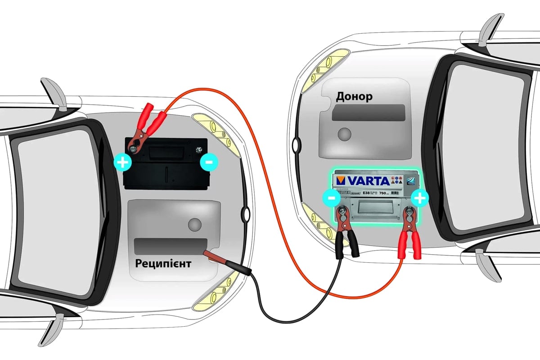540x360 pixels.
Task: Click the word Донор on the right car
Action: [354, 97]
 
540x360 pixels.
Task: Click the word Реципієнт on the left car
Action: [163, 263]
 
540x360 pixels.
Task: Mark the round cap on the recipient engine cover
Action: [195, 224]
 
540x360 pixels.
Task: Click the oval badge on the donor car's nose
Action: [296, 144]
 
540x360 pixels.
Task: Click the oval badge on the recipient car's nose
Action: [246, 214]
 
